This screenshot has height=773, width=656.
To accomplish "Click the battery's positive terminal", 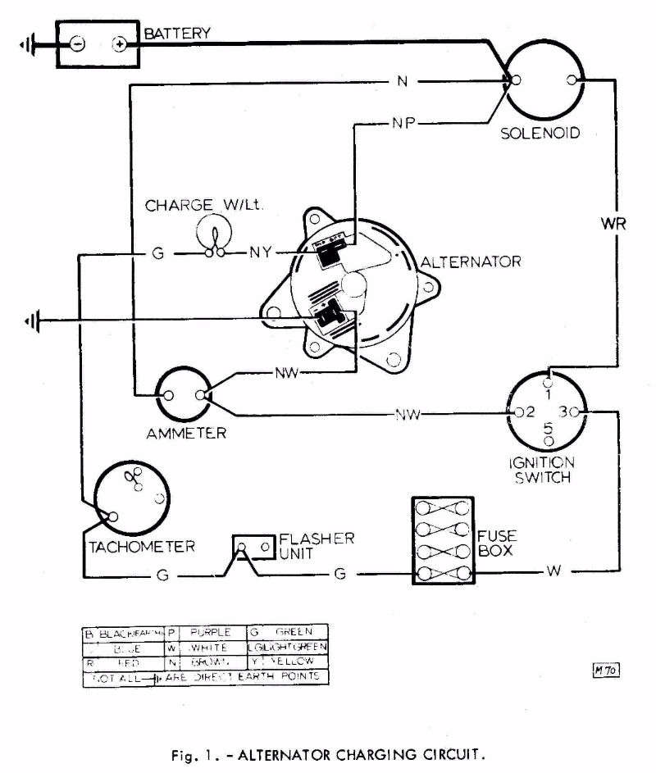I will click(120, 44).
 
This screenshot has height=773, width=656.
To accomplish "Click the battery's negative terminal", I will click(76, 44).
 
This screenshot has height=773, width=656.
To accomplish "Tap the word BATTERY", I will click(177, 34).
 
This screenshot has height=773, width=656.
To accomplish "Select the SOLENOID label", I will click(540, 133).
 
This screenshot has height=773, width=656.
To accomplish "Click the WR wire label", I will click(613, 225).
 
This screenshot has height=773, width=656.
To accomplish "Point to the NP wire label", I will click(402, 124).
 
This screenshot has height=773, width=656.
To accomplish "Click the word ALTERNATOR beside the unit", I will click(471, 262).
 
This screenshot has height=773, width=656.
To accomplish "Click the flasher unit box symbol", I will click(253, 546).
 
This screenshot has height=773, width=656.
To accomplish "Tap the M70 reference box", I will click(604, 671).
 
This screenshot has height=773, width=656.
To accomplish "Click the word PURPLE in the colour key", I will click(207, 633).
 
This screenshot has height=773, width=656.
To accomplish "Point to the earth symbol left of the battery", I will click(28, 44).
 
